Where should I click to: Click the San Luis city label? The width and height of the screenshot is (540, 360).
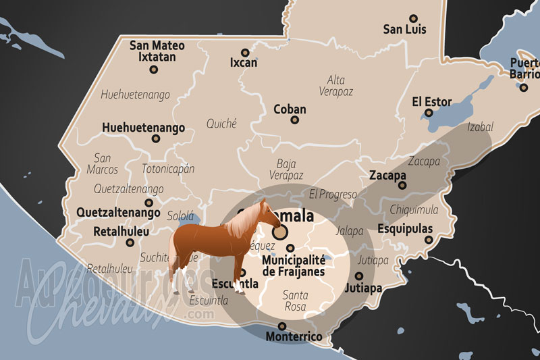[x=404, y=29]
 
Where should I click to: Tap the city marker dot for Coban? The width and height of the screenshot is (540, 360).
[x=294, y=120]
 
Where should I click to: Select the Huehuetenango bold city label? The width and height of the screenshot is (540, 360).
[x=143, y=128]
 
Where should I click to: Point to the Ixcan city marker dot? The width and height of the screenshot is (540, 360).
[x=245, y=52]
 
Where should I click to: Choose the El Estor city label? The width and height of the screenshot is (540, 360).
[x=432, y=102]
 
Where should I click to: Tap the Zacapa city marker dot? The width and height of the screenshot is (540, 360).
[x=402, y=185]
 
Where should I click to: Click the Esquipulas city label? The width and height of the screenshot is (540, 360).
[x=405, y=229]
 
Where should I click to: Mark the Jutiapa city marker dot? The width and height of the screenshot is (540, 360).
[x=358, y=276]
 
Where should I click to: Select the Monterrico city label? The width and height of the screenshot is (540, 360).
[x=294, y=336]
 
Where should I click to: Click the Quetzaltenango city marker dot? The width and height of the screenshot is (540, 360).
[x=149, y=203]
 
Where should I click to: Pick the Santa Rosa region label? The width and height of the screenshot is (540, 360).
[x=295, y=301]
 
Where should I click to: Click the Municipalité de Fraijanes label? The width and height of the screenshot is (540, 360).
[x=293, y=265]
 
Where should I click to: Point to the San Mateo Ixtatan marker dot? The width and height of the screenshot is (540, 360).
[x=154, y=69]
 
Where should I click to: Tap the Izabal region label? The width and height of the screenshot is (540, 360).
[x=480, y=127]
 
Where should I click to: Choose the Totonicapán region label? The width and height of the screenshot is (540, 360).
[x=168, y=169]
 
